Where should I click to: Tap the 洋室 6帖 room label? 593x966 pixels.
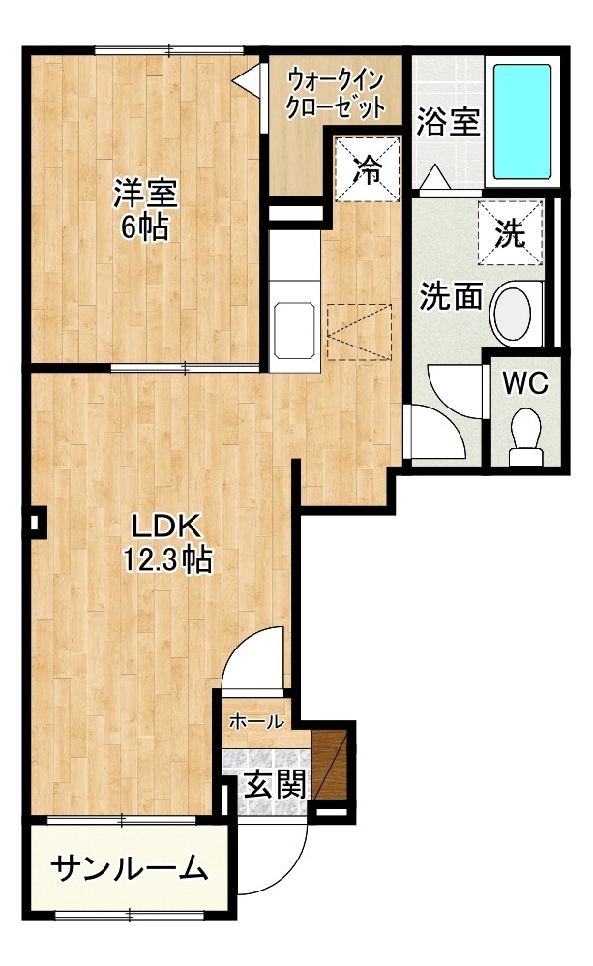point(145,209)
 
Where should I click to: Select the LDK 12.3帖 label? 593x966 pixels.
point(168,544)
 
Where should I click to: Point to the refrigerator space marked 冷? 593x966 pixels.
point(368,168)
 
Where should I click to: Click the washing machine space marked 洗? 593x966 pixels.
point(511,232)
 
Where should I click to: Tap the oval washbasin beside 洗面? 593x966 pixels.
point(513,314)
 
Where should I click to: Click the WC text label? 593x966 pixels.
point(525,383)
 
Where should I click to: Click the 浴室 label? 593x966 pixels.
point(448,121)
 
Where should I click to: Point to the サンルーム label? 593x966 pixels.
point(128,869)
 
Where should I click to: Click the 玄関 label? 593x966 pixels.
point(275,785)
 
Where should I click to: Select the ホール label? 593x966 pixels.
point(256,721)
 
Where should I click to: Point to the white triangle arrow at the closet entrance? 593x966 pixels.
point(248,78)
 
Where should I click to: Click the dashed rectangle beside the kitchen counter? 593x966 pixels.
point(360,331)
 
